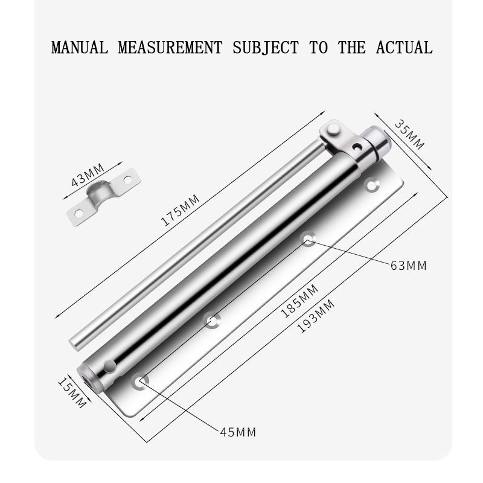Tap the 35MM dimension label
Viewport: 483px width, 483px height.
coord(410,135)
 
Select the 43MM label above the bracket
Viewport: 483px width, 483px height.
coord(88,175)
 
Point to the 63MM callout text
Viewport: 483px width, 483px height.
coord(408,265)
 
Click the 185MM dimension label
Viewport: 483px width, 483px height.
coord(299,301)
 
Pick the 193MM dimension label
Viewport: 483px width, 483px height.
coord(316,315)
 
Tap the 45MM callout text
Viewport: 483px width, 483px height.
coord(238,432)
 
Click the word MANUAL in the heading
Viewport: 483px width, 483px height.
coord(80,47)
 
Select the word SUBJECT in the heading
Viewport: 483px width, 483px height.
coord(266,47)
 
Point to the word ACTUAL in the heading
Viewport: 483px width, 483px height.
coord(404,47)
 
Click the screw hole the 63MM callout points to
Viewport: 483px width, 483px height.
coord(309,238)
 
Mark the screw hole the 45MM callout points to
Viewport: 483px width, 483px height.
coord(141,382)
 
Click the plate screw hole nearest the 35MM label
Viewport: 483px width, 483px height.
coord(372,185)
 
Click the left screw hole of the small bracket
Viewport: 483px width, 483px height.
coord(78,212)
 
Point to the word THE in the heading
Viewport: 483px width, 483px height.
coord(352,47)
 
